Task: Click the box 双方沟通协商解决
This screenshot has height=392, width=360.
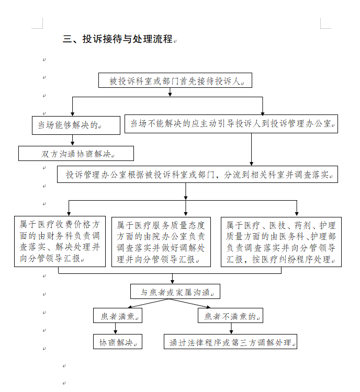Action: (76, 154)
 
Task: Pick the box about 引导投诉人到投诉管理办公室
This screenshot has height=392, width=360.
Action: (231, 124)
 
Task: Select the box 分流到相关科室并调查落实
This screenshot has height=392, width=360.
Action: (197, 175)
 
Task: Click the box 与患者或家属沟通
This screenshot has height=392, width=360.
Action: (175, 292)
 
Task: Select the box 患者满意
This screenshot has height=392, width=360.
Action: (118, 316)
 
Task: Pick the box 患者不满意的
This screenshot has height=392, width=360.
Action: (230, 316)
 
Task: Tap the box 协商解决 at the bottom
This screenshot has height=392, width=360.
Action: (118, 342)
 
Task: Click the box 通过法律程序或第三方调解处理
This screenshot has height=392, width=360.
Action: (230, 342)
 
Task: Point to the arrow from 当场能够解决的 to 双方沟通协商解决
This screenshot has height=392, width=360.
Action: (73, 140)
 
